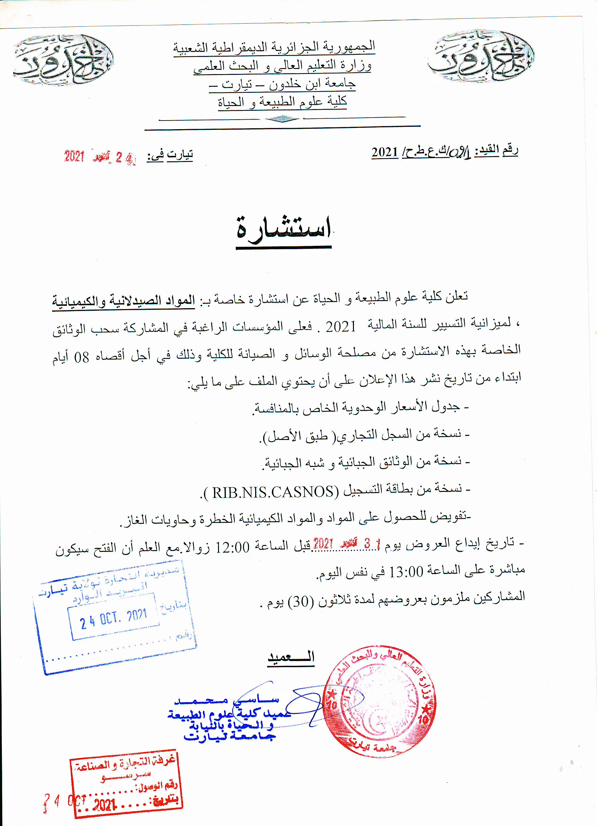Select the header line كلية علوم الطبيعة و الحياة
coord(283,102)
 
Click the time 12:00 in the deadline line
coord(232,547)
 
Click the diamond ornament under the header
coord(282,119)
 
